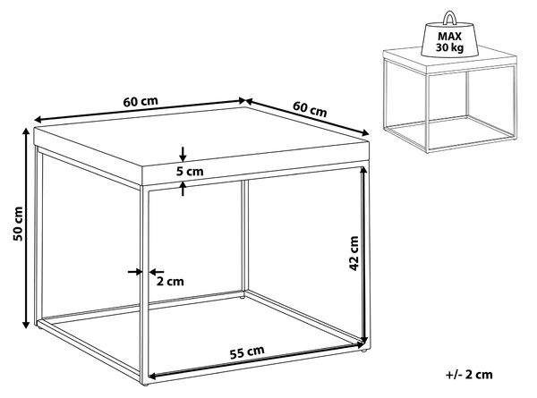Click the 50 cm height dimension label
click(x=18, y=224)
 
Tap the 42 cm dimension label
click(x=354, y=253)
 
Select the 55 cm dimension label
click(x=247, y=352)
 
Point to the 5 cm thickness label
click(x=190, y=171)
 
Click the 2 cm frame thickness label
click(x=170, y=282)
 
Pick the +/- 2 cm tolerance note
click(x=469, y=375)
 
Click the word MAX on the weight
click(x=449, y=37)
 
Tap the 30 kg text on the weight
click(x=449, y=47)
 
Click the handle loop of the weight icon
click(x=449, y=18)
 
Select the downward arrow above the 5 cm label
click(x=183, y=154)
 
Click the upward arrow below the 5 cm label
click(x=183, y=189)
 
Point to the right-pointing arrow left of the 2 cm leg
click(x=135, y=272)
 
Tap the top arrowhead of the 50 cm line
click(x=26, y=131)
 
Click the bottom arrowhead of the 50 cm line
click(x=26, y=325)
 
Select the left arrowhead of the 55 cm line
click(x=153, y=377)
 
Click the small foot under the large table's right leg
click(x=365, y=351)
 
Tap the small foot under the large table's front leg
click(x=145, y=385)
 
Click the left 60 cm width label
click(x=141, y=102)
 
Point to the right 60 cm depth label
click(x=310, y=109)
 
